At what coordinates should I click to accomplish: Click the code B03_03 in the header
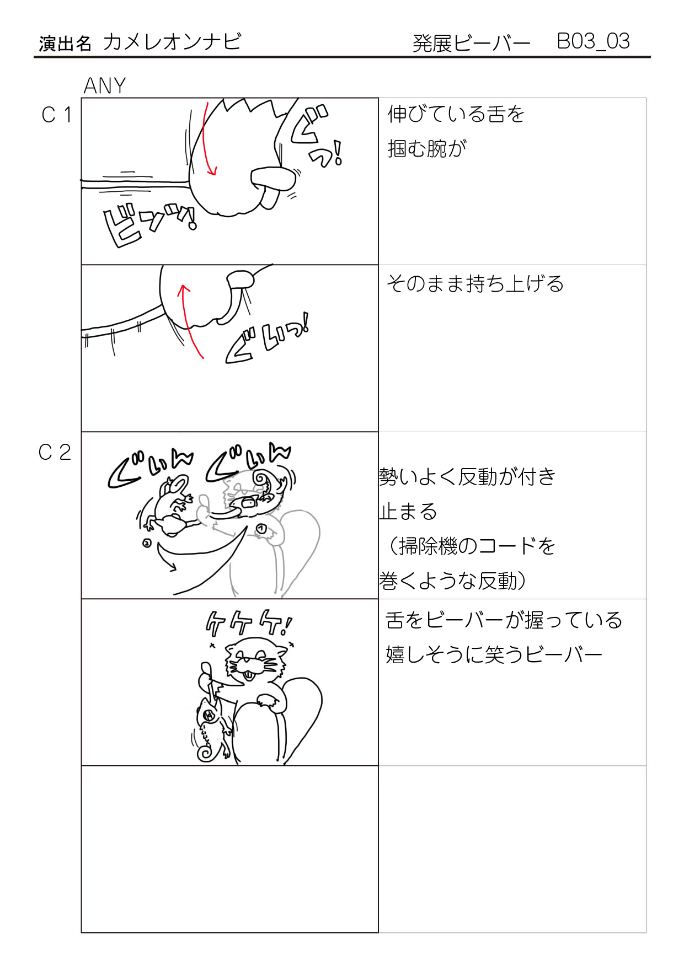(593, 41)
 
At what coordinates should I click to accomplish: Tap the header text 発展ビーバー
(471, 43)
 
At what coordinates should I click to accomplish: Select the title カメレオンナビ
(172, 42)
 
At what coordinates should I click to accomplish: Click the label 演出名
(65, 44)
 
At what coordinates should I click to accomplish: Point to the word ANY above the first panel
(105, 86)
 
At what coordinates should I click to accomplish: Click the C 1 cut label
(56, 115)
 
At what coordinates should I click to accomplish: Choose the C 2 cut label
(55, 453)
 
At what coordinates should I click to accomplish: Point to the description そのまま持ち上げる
(475, 283)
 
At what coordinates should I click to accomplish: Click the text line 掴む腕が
(427, 148)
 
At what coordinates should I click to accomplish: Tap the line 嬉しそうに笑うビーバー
(494, 655)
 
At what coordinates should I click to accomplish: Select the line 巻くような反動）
(452, 581)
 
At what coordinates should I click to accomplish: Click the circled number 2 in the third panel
(147, 543)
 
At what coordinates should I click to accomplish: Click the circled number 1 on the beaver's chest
(261, 529)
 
